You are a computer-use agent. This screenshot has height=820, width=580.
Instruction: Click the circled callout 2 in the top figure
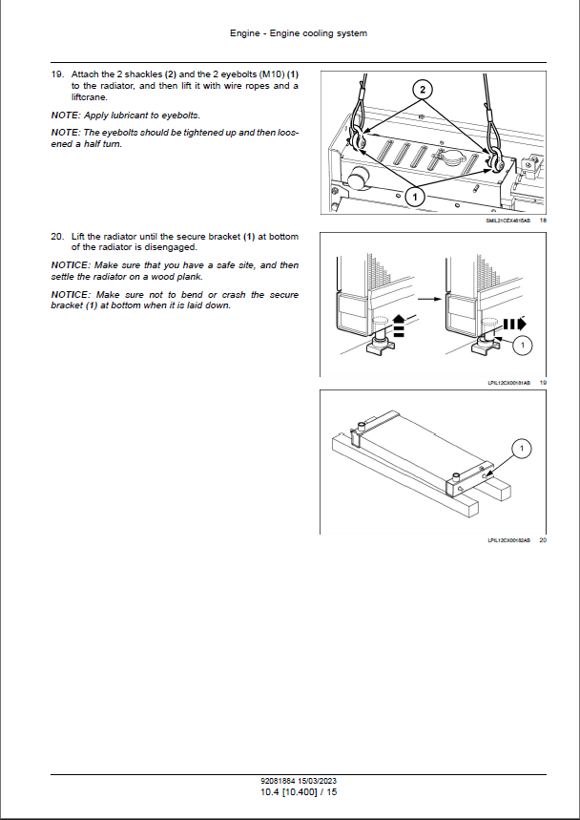click(x=425, y=88)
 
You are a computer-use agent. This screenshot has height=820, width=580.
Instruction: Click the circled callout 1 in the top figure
click(x=415, y=195)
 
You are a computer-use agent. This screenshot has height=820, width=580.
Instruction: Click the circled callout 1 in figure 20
click(x=523, y=447)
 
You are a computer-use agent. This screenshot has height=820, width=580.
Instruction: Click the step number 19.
click(x=57, y=74)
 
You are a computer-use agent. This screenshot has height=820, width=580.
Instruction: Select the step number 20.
click(x=57, y=236)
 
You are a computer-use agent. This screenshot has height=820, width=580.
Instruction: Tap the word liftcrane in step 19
click(x=90, y=97)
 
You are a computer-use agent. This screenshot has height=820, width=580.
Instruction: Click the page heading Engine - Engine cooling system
click(x=299, y=33)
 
